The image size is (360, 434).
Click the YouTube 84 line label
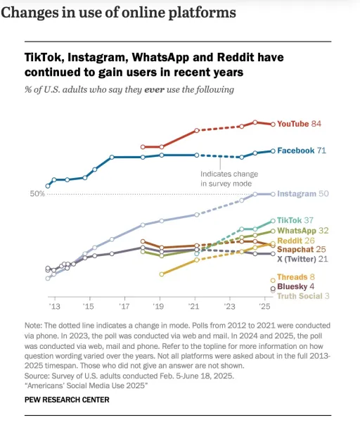click(299, 124)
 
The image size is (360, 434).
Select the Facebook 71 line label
click(301, 151)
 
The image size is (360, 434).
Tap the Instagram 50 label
click(303, 193)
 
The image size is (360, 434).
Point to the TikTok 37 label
click(295, 220)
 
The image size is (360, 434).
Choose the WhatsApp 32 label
click(303, 230)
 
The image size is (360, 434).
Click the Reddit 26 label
click(295, 241)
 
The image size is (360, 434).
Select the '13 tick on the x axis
click(53, 307)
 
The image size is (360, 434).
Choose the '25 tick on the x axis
click(264, 307)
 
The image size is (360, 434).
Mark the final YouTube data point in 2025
click(273, 124)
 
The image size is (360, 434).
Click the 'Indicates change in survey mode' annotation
click(224, 179)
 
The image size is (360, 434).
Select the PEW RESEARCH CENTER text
click(67, 400)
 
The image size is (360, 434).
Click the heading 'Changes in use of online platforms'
click(118, 13)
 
